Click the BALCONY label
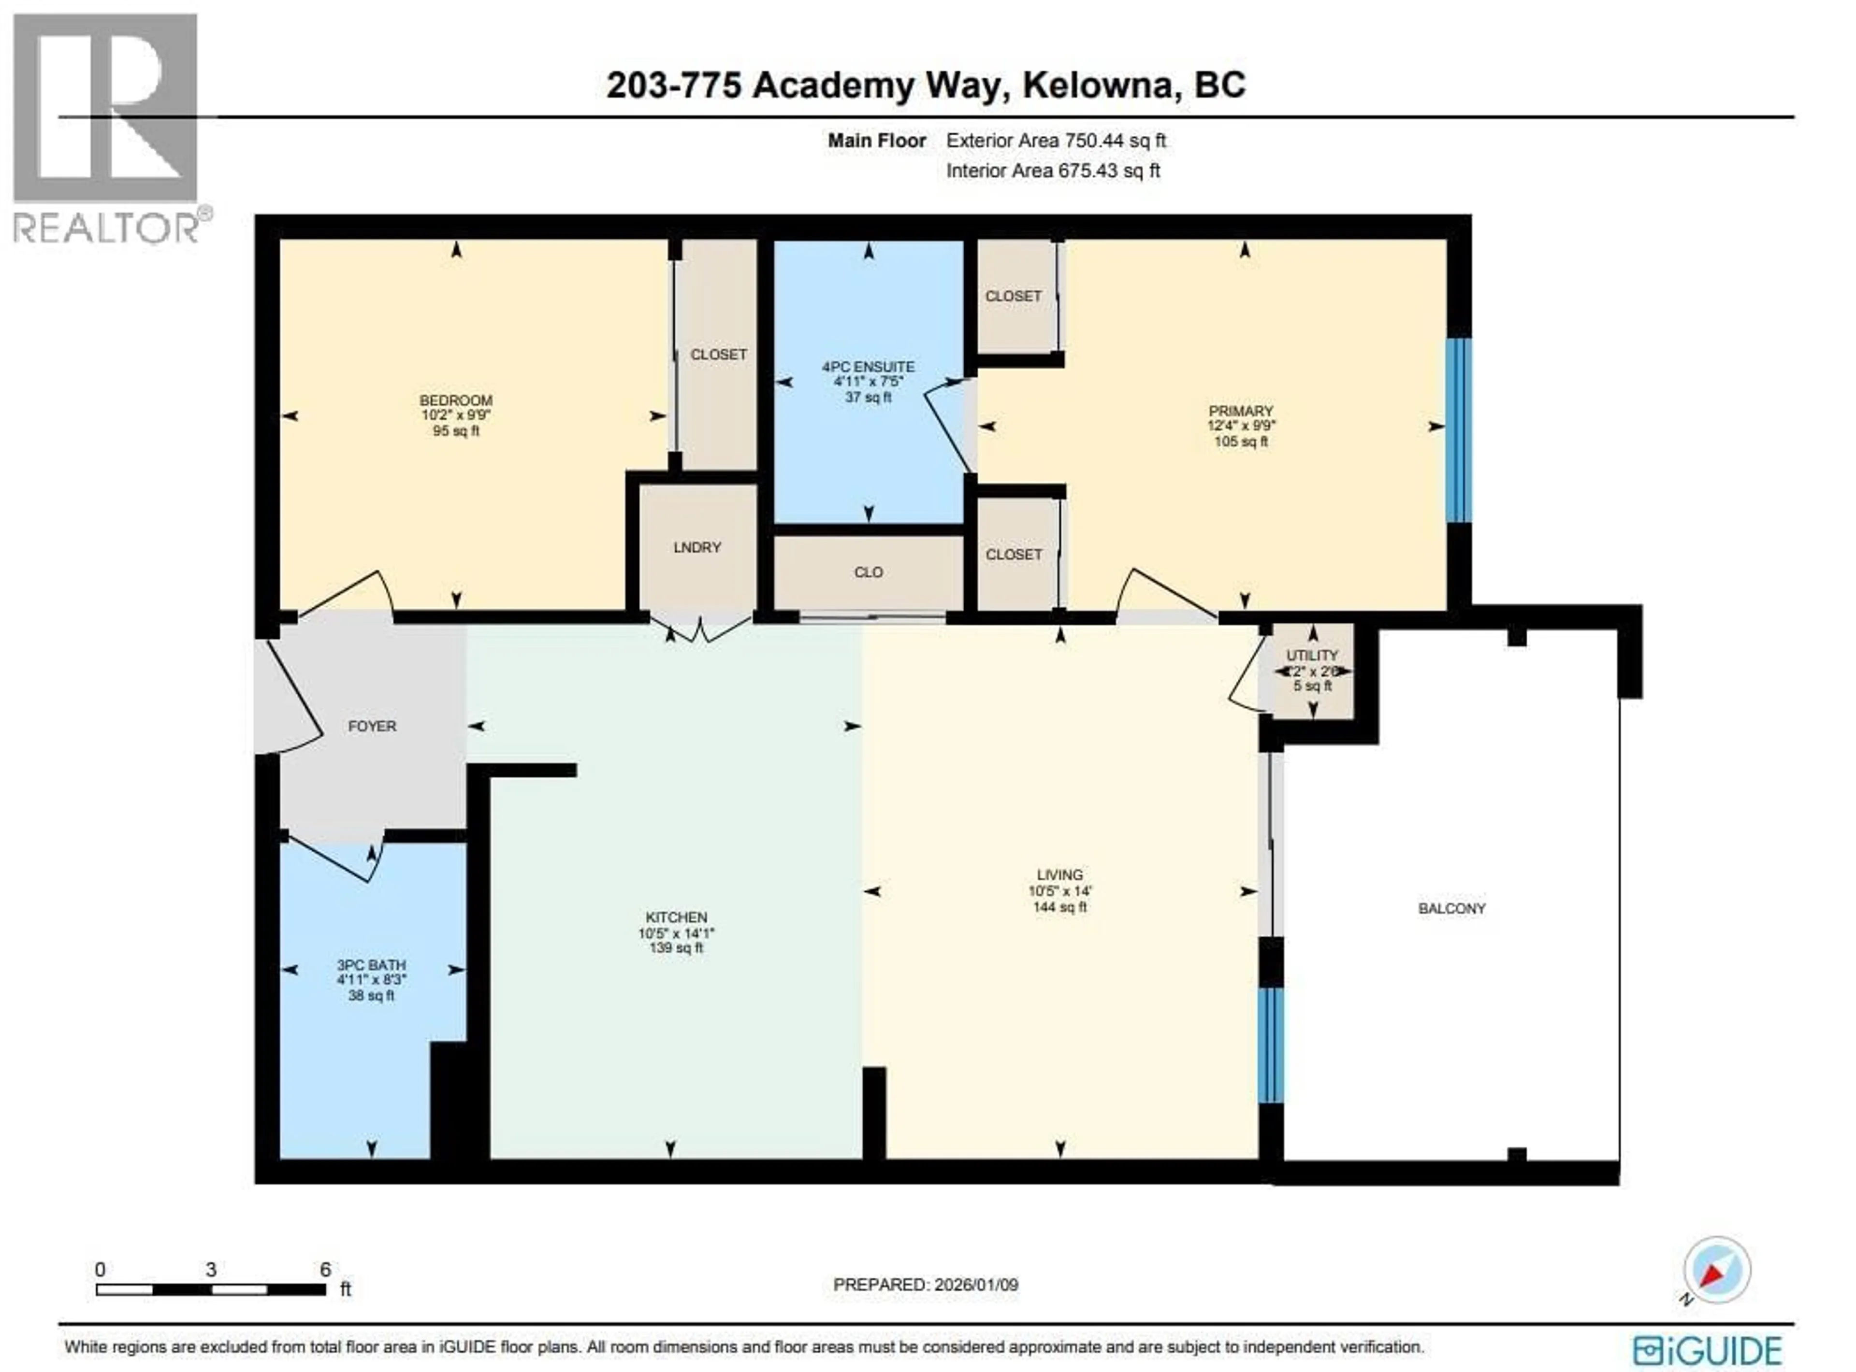1451,909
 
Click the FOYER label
371,726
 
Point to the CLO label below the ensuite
868,572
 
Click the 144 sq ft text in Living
1059,907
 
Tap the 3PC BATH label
371,965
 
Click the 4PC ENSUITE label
868,366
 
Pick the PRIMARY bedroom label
1240,411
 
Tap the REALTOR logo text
106,227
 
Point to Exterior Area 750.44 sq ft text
1056,141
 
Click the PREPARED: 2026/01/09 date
926,1285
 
